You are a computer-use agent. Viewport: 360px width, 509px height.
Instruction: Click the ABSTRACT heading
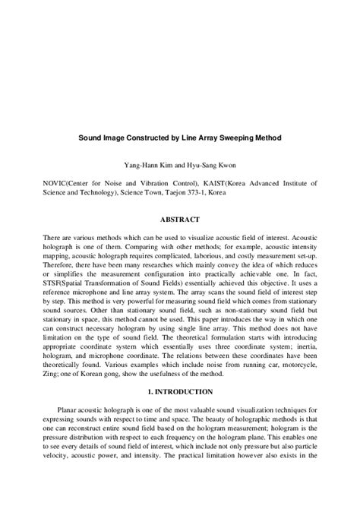pyautogui.click(x=179, y=220)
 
